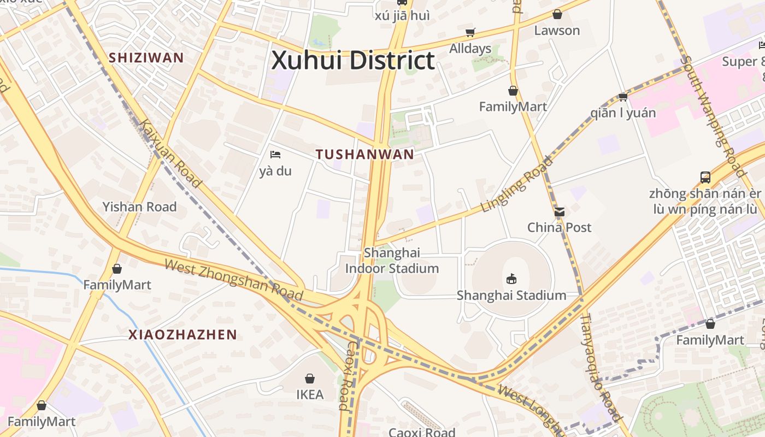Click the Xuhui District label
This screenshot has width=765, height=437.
coord(353,60)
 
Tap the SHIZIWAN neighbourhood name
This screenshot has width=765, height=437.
coord(146,57)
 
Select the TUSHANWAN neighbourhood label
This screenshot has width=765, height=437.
coord(365,155)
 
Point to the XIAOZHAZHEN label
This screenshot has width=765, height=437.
coord(183,335)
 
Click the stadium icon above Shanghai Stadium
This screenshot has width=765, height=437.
coord(511,279)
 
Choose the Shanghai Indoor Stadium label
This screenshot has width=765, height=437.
coord(392,261)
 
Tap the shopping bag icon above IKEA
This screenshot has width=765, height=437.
coord(310,379)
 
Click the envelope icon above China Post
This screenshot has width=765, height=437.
coord(560,212)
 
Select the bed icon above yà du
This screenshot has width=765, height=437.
coord(275,155)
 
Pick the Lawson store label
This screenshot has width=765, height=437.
coord(557,31)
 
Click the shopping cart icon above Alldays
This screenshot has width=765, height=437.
coord(470,33)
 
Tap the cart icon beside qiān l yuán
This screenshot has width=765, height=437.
coord(623,97)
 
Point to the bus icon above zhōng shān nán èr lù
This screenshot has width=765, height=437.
coord(705,178)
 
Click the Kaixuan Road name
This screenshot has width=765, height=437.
coord(170,153)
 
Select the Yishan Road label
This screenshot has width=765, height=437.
coord(139,207)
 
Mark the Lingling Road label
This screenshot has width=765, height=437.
coord(517,185)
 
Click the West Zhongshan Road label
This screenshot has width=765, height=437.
coord(233,280)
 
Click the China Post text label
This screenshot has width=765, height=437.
coord(559,227)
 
